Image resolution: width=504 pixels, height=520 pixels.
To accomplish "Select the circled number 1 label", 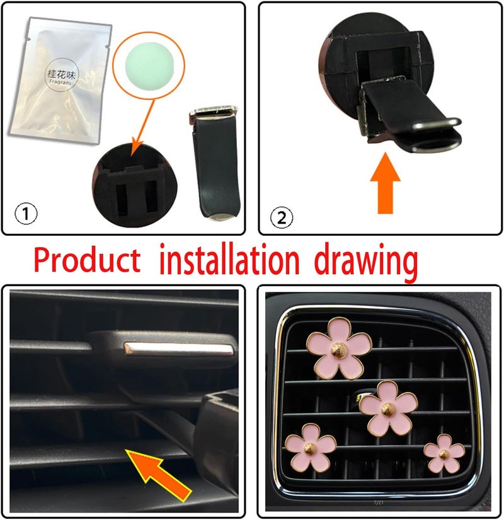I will pos(26,215).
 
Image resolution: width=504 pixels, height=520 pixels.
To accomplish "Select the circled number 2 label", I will pos(282,217).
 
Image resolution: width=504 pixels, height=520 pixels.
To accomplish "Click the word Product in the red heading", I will pos(87,260).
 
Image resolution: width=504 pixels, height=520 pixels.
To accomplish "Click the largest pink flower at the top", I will pos(339,348).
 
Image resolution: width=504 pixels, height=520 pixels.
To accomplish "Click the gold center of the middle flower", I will pos(387,406).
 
